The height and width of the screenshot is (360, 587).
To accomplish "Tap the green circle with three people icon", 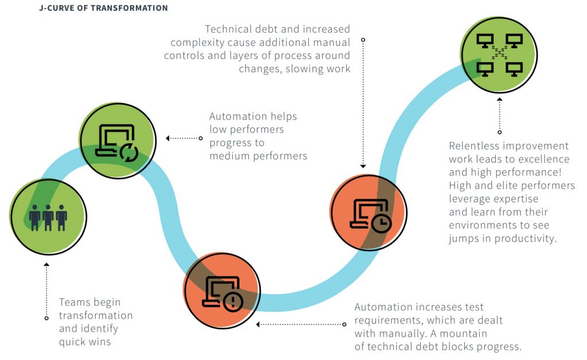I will pyautogui.click(x=48, y=216).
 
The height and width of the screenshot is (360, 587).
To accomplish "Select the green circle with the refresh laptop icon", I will pyautogui.click(x=118, y=141).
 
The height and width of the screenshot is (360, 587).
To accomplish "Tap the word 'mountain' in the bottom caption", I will pyautogui.click(x=461, y=334).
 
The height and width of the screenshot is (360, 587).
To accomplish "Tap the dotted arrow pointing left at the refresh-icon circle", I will pyautogui.click(x=183, y=138).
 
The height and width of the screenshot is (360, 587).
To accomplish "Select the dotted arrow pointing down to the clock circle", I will pyautogui.click(x=362, y=103).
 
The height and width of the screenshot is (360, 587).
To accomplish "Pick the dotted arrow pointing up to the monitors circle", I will pyautogui.click(x=499, y=115).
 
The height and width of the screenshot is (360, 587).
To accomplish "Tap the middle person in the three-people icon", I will pyautogui.click(x=48, y=217).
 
